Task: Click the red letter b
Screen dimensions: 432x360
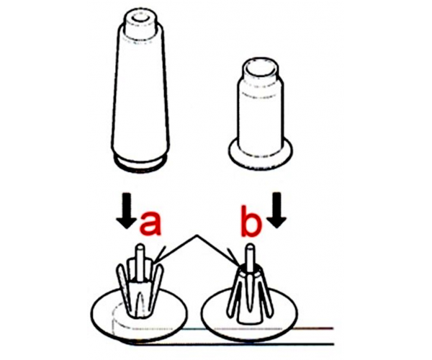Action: pyautogui.click(x=250, y=220)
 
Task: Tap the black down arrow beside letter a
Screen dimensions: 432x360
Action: pyautogui.click(x=127, y=211)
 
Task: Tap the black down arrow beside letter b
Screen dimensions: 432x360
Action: pyautogui.click(x=277, y=210)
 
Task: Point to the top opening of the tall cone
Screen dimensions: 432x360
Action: pyautogui.click(x=140, y=17)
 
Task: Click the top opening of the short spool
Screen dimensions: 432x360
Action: pyautogui.click(x=260, y=68)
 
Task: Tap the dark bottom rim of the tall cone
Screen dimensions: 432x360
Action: pyautogui.click(x=140, y=164)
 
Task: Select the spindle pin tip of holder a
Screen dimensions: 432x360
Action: pyautogui.click(x=140, y=246)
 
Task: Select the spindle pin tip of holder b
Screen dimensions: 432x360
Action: pyautogui.click(x=251, y=246)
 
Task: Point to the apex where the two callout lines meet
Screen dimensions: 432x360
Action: pyautogui.click(x=196, y=235)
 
